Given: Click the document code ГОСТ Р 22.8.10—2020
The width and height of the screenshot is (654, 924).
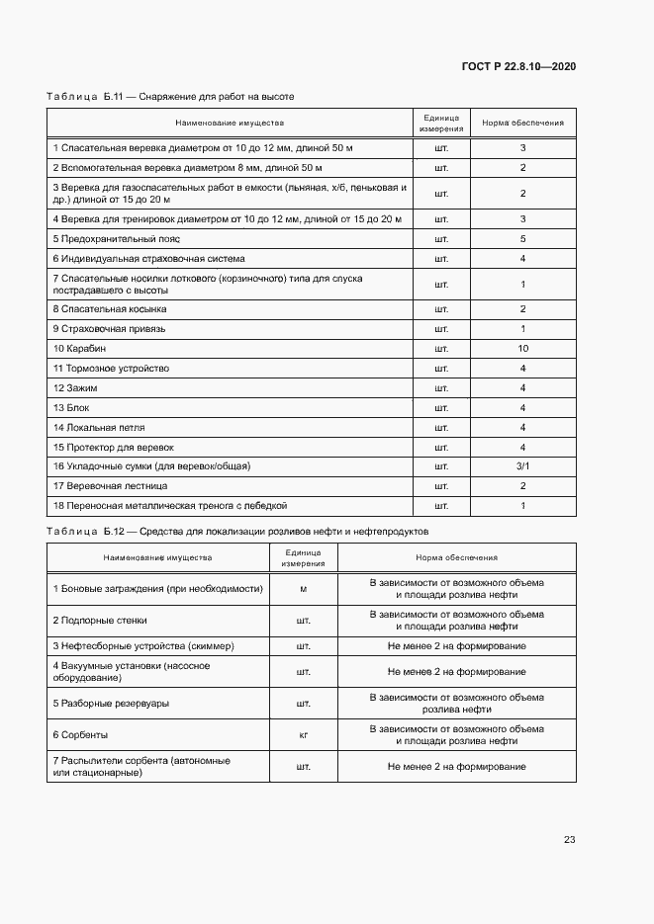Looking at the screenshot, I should tap(518, 66).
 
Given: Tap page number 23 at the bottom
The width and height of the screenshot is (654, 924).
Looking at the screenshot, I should tap(569, 839).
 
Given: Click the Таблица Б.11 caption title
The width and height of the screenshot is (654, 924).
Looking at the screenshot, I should tap(170, 97).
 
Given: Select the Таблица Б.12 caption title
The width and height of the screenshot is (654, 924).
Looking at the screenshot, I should tap(236, 532).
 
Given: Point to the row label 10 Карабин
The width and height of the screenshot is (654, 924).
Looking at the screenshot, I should tap(79, 349).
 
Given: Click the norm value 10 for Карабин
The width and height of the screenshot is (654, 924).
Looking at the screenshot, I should tap(522, 349).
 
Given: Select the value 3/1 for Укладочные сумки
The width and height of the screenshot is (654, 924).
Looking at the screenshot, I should tap(522, 466).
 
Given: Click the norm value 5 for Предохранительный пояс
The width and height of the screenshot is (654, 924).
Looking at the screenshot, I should tap(522, 239).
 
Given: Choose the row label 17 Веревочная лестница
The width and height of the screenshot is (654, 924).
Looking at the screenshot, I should tap(110, 486).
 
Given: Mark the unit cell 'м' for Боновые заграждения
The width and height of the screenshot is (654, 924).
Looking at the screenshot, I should tap(303, 589).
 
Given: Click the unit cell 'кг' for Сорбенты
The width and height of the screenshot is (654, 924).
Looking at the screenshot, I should tap(303, 735).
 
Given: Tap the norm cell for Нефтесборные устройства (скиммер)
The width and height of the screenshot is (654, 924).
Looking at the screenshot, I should tap(456, 646).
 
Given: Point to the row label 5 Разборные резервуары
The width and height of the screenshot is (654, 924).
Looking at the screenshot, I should tap(111, 704).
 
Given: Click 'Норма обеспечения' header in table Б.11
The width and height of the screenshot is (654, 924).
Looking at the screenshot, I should tap(522, 124).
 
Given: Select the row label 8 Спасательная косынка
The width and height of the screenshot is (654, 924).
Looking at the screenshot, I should tap(109, 309).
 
